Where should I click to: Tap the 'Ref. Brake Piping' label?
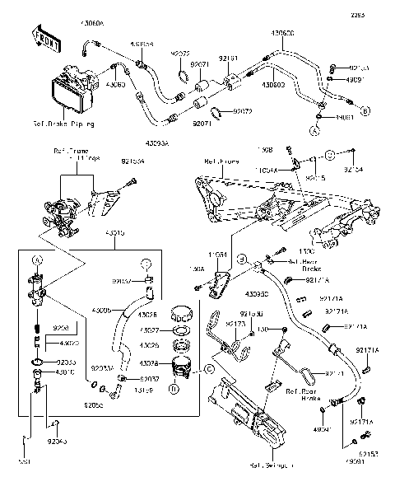[63, 124]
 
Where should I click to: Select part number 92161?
[228, 58]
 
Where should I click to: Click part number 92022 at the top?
[180, 54]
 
